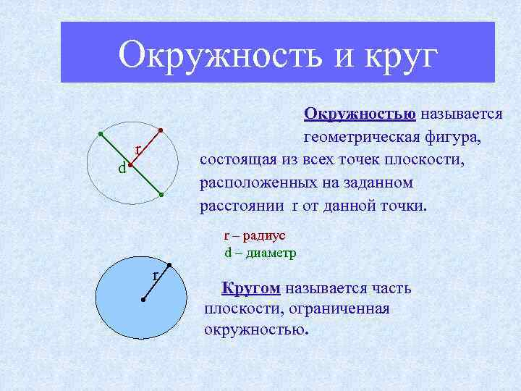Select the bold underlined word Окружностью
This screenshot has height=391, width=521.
pos(359,114)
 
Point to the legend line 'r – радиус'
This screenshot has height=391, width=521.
pos(255,235)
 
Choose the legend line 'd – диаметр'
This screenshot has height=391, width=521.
pos(260,253)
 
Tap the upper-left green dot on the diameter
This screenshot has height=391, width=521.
pos(101,134)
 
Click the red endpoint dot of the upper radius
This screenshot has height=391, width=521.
pos(161,131)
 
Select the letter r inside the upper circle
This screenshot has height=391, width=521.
pos(137,150)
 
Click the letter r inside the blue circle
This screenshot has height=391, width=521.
pos(155,276)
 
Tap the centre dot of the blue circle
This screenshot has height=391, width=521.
pos(143,299)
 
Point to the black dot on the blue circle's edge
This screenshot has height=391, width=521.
pos(168,264)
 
